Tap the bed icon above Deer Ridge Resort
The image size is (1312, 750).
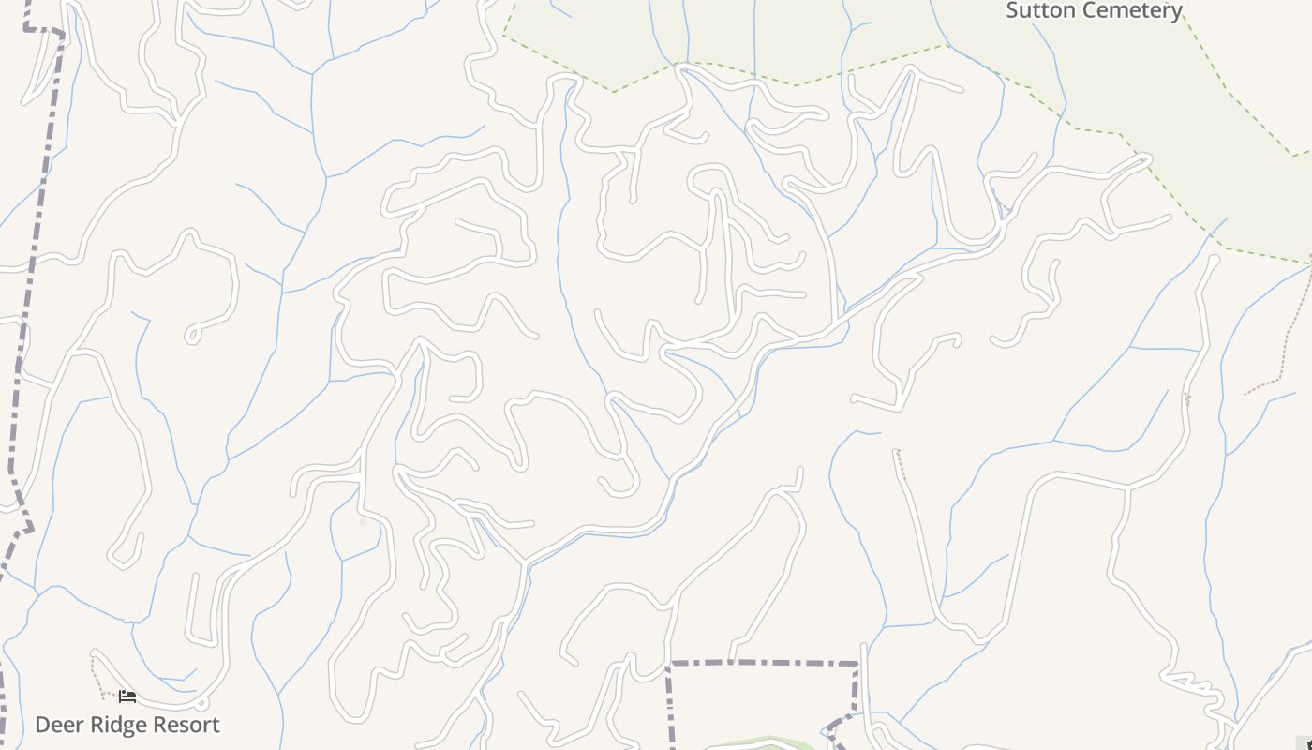point(127,697)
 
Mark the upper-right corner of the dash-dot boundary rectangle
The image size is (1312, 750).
point(857,665)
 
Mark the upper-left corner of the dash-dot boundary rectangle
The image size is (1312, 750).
point(669,664)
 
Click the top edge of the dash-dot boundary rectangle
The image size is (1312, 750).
point(764,663)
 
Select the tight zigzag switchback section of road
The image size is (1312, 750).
point(1190,683)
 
